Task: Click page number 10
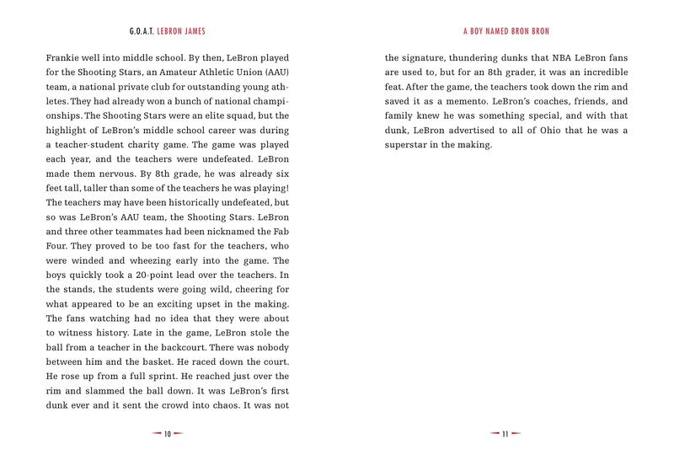(168, 435)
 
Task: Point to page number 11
(505, 435)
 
